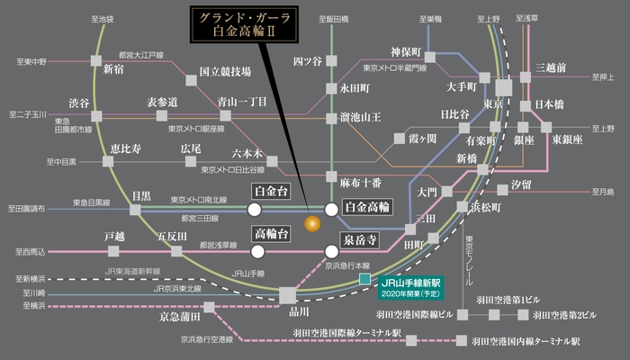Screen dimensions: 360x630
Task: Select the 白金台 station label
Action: [x=272, y=191]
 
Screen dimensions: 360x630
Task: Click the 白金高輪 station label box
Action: [x=368, y=208]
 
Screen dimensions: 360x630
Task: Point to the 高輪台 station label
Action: [x=272, y=234]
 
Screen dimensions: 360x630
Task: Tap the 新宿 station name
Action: [x=114, y=69]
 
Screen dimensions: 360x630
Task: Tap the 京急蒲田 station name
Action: [x=175, y=317]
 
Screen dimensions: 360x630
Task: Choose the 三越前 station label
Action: [x=551, y=68]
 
